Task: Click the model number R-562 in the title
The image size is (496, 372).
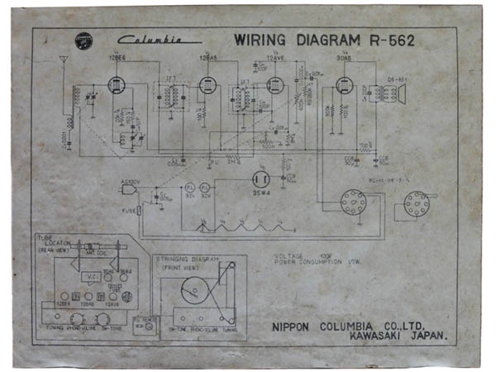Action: click(x=389, y=39)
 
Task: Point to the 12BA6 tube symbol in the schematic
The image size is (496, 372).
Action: click(x=207, y=84)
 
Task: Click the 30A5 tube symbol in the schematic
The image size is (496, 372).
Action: click(x=344, y=86)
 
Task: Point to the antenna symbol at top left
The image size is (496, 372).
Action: click(x=63, y=62)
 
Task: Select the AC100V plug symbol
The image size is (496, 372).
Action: click(x=129, y=188)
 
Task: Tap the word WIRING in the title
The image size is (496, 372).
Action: click(x=259, y=39)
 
